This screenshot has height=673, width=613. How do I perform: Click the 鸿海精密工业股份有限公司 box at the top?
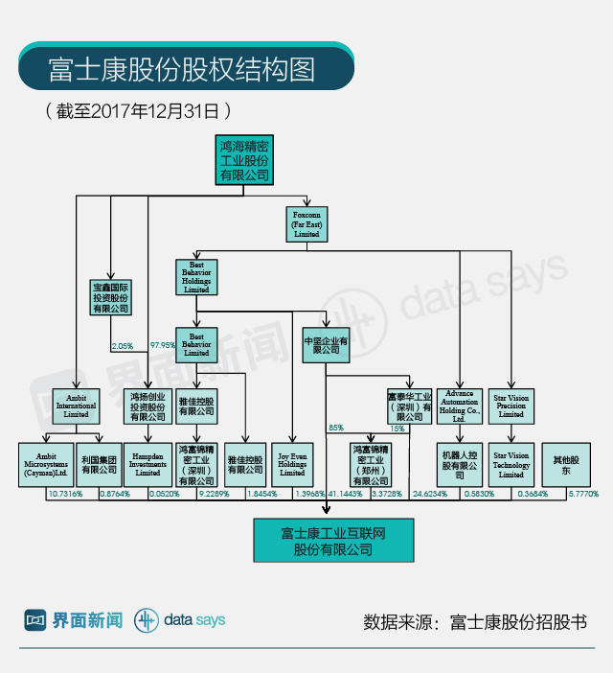pos(243,160)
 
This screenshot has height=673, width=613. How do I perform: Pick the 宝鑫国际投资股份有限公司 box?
pos(110,297)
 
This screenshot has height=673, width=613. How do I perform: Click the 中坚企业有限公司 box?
pos(326,345)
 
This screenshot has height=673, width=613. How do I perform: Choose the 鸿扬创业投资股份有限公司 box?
pos(148,406)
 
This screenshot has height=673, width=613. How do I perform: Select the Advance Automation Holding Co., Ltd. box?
pos(460,406)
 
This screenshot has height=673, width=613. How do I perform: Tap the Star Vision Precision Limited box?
pos(511,406)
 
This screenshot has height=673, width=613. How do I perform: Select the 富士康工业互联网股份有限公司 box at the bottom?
pos(332,541)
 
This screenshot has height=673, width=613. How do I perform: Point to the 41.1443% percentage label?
pos(346,494)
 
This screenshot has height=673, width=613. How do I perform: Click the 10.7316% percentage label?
pos(65,494)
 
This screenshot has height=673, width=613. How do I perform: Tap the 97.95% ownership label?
pos(163,345)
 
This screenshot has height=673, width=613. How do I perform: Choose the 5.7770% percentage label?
pos(582,494)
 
